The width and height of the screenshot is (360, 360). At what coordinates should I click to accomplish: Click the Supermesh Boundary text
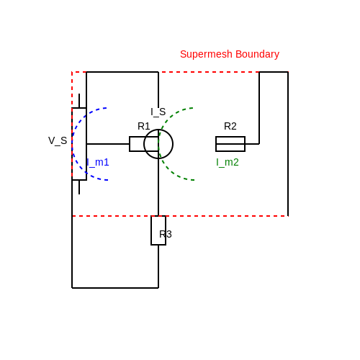tap(230, 55)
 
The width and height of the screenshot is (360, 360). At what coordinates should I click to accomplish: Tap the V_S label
tap(58, 140)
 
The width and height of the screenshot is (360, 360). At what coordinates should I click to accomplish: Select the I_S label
tap(158, 112)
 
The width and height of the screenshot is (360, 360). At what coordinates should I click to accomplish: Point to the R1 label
tap(144, 126)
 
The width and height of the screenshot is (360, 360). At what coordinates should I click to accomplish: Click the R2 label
tap(230, 126)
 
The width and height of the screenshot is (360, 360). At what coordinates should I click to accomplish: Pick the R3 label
tap(166, 234)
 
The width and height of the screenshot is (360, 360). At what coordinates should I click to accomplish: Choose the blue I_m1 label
tap(98, 162)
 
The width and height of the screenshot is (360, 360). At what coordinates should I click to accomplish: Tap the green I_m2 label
tap(228, 162)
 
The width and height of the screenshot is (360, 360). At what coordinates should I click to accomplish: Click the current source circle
tap(173, 144)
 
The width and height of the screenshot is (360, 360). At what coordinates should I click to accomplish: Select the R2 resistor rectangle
tap(230, 137)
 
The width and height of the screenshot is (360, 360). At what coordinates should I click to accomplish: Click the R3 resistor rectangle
tap(151, 230)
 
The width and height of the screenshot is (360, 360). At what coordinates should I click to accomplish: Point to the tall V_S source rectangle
tap(86, 144)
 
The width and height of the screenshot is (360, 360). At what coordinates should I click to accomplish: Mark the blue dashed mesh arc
tap(72, 144)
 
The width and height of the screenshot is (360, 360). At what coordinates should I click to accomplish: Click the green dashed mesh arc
tap(158, 144)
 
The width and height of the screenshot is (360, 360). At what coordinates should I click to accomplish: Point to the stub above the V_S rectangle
tap(79, 101)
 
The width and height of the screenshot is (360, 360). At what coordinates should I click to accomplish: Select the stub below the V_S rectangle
tap(79, 187)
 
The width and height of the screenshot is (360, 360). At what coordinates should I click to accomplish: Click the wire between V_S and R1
tap(108, 144)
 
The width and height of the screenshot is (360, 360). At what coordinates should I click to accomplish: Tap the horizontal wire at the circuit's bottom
tap(115, 288)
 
